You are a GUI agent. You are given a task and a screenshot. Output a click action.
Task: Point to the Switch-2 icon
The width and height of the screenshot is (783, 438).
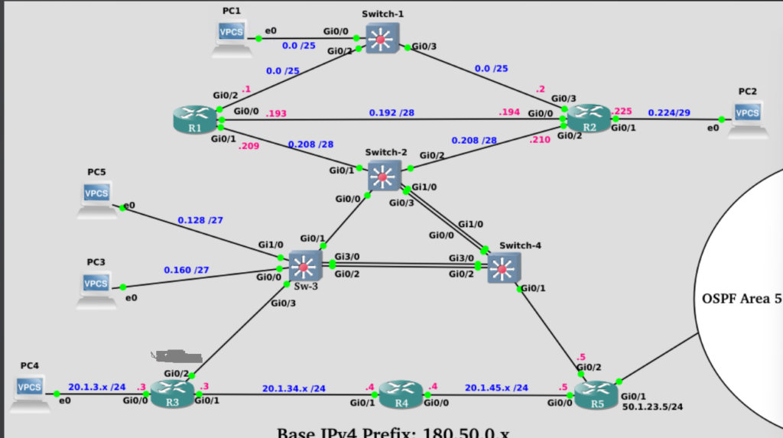pyautogui.click(x=384, y=175)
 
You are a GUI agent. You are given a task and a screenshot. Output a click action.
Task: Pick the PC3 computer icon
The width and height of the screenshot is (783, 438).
pyautogui.click(x=96, y=288)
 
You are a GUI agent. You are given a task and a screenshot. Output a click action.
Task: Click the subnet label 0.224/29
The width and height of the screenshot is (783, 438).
pyautogui.click(x=669, y=113)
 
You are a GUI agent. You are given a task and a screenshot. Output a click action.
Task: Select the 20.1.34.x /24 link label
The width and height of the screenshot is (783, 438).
pyautogui.click(x=294, y=388)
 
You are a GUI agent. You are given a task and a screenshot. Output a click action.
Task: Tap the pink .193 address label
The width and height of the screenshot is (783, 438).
pyautogui.click(x=277, y=114)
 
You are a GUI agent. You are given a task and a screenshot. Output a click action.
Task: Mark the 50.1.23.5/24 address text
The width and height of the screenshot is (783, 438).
pyautogui.click(x=651, y=406)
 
